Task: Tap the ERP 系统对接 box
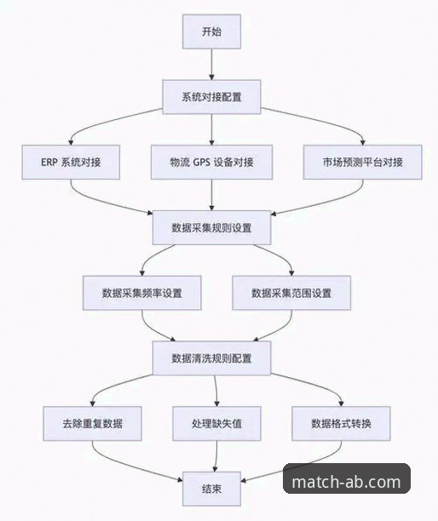coord(71,163)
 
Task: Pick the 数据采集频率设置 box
coord(142,293)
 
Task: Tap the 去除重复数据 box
coord(92,423)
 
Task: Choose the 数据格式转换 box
coord(339,423)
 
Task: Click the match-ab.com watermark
coord(346,482)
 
